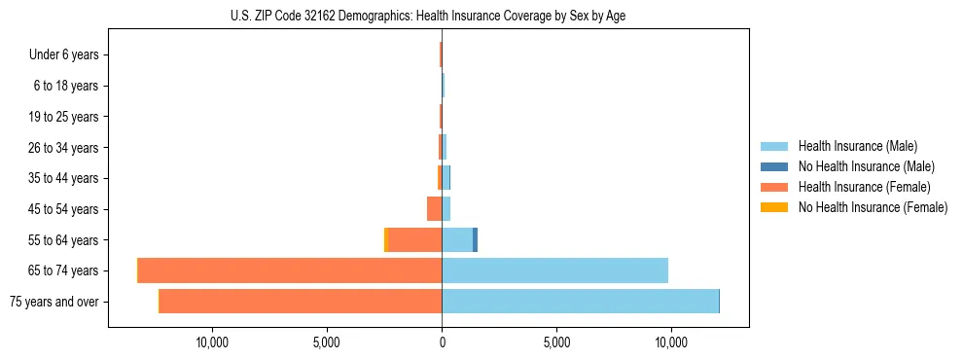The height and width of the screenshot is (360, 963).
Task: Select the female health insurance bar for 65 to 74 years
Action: pos(290,270)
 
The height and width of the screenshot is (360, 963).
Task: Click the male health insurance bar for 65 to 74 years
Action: pos(554,270)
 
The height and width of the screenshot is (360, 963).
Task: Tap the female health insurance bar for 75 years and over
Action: pos(300,302)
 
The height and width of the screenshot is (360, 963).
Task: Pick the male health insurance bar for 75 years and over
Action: pos(580,302)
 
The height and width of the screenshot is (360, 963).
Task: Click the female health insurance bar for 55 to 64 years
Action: pos(414,239)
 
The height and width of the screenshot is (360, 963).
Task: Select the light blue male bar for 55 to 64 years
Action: pos(457,239)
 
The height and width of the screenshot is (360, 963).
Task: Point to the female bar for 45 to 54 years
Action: pos(434,209)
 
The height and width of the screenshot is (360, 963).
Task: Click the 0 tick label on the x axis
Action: pos(442,342)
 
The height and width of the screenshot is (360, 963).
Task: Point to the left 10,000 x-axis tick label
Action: pos(212,342)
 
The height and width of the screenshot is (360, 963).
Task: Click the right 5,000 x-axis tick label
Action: pos(556,342)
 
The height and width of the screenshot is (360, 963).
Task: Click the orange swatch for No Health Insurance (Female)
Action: pos(775,207)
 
